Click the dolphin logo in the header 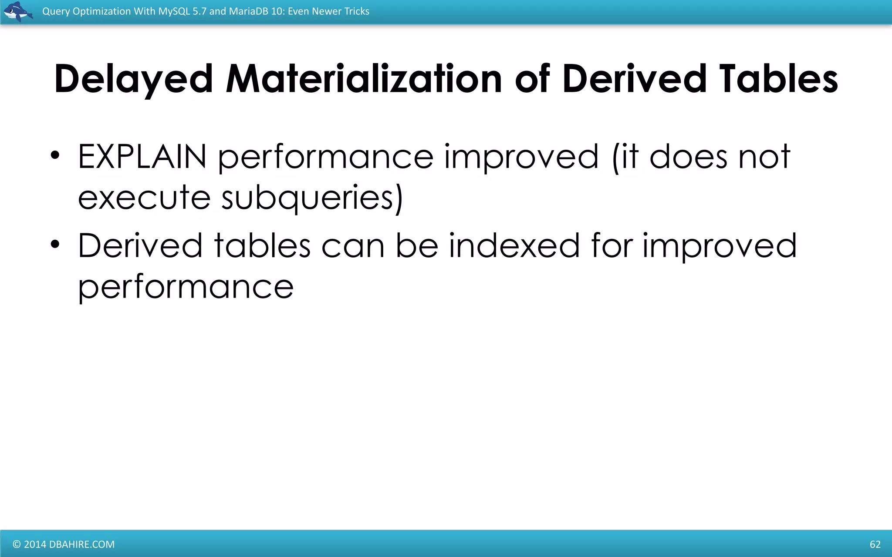coord(18,12)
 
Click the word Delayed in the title coord(133,79)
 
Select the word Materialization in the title coord(364,79)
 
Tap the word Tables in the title coord(778,79)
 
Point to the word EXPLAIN coord(142,157)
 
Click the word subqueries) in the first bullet coord(312,198)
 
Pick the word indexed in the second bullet coord(514,246)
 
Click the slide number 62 coord(875,544)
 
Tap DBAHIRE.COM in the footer coord(82,544)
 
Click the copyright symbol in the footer coord(17,544)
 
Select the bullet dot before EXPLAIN coord(55,155)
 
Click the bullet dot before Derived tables coord(55,245)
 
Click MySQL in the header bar coord(174,11)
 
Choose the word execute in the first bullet coord(145,198)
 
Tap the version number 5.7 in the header coord(199,11)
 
